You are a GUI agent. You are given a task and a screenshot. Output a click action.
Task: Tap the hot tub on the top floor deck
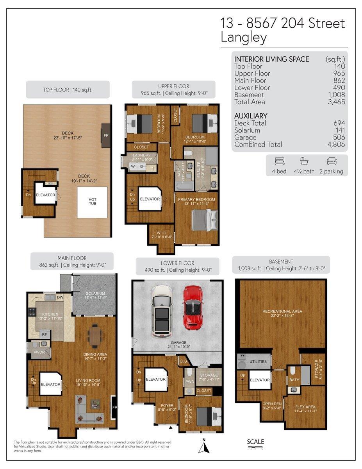92,202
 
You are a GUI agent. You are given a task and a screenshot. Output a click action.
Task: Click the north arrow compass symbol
203,446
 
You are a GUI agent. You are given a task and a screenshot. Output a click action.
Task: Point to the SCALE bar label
255,442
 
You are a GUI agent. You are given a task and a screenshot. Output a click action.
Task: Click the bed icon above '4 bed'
280,161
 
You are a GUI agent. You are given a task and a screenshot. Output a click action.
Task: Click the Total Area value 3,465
336,102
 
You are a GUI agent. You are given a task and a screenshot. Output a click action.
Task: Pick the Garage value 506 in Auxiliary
339,137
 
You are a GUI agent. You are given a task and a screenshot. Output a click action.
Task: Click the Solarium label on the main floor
95,294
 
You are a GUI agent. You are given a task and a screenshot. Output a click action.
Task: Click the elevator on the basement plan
260,380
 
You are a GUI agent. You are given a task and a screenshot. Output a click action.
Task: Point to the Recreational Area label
282,311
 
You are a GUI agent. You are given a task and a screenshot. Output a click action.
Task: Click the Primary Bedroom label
196,199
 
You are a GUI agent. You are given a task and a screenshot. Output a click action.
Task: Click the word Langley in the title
244,38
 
